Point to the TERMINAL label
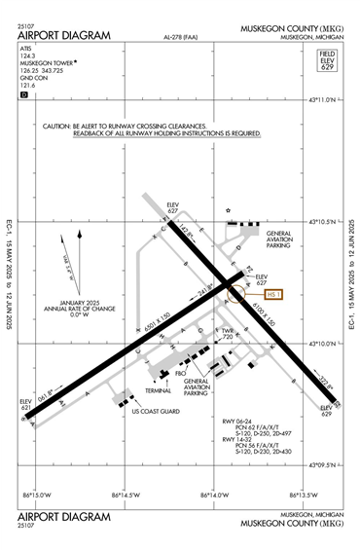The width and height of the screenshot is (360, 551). coord(158,389)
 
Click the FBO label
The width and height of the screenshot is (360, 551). coord(180,372)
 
